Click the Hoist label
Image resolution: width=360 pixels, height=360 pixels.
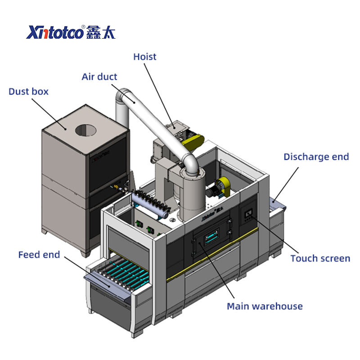coord(144,57)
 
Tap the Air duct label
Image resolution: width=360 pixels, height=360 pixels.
coord(99,76)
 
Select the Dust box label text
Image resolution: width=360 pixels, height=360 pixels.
coord(28,91)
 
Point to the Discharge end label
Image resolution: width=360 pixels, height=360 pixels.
coord(316,157)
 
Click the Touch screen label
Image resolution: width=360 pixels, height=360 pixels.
coord(320,258)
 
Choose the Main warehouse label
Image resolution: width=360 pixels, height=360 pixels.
coord(265,306)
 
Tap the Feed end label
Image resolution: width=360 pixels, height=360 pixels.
coord(39,255)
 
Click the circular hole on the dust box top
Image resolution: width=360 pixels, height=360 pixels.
coord(85,130)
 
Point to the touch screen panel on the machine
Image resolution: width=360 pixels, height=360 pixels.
coord(249,214)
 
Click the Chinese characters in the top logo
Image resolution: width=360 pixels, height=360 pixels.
coord(101,32)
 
